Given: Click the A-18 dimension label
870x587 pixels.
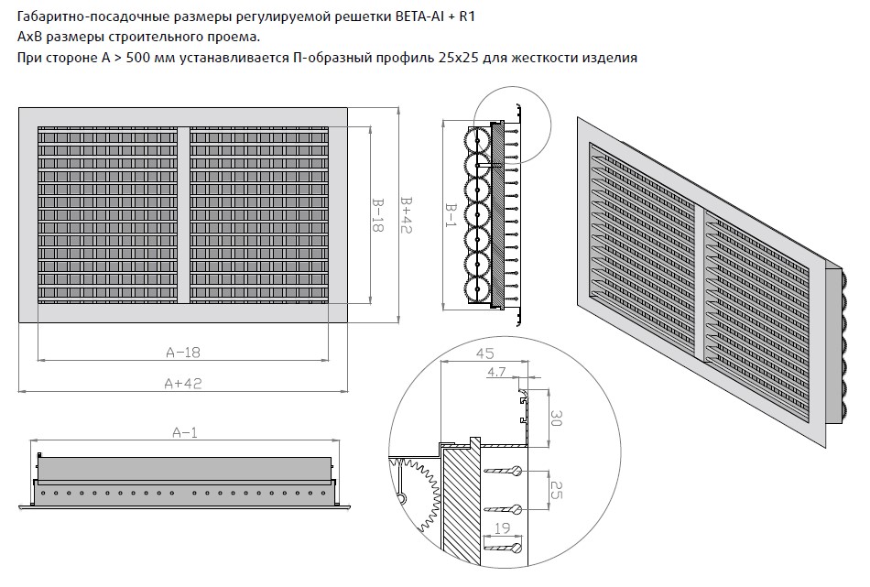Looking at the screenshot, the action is coord(183,353).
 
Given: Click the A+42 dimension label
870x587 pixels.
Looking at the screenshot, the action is coord(183,384).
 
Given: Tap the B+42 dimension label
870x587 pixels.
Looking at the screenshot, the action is coord(407,214).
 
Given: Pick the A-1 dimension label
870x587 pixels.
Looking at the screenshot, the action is coord(185,432).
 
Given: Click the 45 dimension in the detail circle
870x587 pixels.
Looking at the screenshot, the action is coord(485,353).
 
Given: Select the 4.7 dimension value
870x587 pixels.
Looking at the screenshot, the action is coord(496,372).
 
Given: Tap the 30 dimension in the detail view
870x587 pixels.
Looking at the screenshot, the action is coord(556,418).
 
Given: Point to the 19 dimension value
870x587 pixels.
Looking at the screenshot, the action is coord(502,527).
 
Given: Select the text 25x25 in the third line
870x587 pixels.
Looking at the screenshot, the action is coord(458,58).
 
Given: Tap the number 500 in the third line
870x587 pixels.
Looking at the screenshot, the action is coord(136,58).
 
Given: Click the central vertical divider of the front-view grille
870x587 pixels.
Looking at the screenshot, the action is coord(184,214).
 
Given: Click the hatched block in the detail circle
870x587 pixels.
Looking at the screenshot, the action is coord(461,507).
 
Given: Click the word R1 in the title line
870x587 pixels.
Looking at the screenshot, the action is coord(468,16).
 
